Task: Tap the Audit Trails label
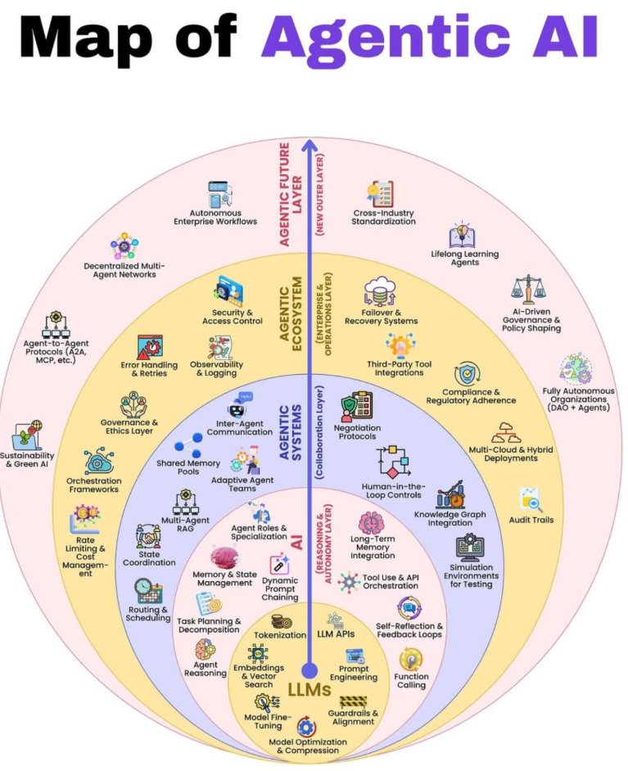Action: click(531, 520)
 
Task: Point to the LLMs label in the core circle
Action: click(309, 690)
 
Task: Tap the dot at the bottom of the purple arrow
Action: click(309, 669)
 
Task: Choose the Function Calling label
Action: click(410, 680)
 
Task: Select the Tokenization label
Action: click(280, 634)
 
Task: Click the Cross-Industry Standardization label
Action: click(383, 217)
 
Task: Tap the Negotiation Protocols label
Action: click(357, 431)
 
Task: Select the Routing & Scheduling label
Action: click(149, 614)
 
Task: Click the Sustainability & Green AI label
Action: click(27, 460)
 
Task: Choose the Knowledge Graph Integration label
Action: click(450, 518)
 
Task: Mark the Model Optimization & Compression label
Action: click(307, 746)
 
